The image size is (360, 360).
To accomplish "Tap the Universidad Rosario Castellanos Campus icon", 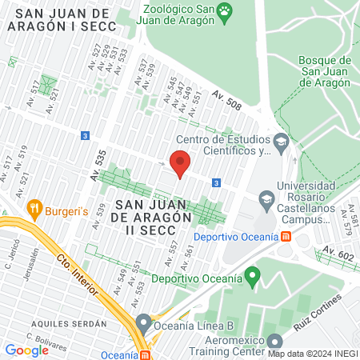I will click(x=266, y=198).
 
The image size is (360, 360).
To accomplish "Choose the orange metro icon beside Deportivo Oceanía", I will click(x=286, y=237).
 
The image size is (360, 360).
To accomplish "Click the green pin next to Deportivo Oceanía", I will click(x=254, y=278).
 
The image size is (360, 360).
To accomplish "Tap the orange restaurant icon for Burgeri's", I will click(x=34, y=207).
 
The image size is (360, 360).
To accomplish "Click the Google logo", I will click(x=26, y=350).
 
